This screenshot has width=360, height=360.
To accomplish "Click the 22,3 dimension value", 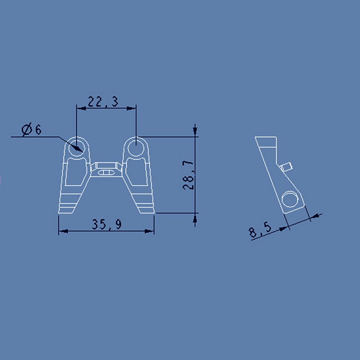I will click(102, 102).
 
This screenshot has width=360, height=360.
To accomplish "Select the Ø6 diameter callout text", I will click(31, 130).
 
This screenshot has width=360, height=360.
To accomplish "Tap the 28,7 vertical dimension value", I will click(189, 176).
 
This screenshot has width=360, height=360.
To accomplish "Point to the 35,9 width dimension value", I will click(107, 225).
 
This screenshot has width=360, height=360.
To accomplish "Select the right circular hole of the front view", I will click(136, 146).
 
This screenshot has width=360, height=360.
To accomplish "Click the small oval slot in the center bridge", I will click(106, 171).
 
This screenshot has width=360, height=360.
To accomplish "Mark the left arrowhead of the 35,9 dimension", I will click(62, 231).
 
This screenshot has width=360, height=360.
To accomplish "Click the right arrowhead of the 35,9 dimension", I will click(151, 231).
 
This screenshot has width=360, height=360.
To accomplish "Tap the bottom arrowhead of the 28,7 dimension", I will click(195, 218).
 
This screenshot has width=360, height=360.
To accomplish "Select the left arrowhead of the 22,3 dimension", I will click(80, 107).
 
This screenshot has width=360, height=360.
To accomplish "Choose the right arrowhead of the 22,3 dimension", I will click(132, 107).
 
